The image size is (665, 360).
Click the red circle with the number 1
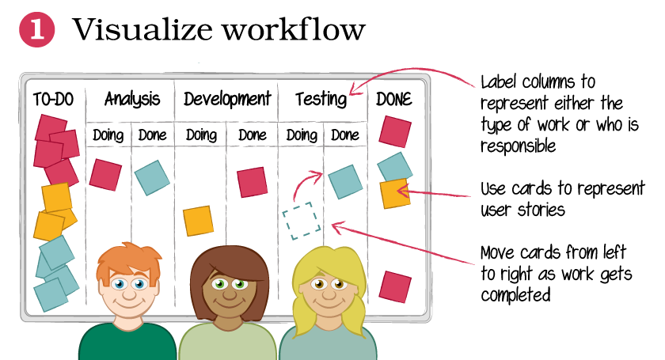coord(37,30)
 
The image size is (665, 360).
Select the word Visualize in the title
coord(143,30)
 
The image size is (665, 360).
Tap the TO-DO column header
coord(54,100)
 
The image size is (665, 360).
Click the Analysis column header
coord(132,99)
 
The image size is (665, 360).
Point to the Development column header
coord(227,99)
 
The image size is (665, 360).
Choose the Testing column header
coord(321,99)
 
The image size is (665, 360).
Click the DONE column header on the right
coord(394,100)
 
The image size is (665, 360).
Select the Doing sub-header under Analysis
coord(108,135)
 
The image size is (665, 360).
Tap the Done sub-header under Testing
coord(345,135)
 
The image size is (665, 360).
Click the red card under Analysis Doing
coord(105,175)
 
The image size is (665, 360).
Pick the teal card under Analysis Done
coord(152,178)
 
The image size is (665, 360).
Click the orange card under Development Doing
coord(199,221)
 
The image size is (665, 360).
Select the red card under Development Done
coord(253,182)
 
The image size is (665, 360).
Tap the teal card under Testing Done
coord(346,182)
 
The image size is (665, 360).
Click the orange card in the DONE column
coord(395,194)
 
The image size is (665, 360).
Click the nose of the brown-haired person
coord(230,293)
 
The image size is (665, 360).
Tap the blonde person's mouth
coord(329,305)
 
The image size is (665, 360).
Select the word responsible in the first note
coord(518,146)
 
